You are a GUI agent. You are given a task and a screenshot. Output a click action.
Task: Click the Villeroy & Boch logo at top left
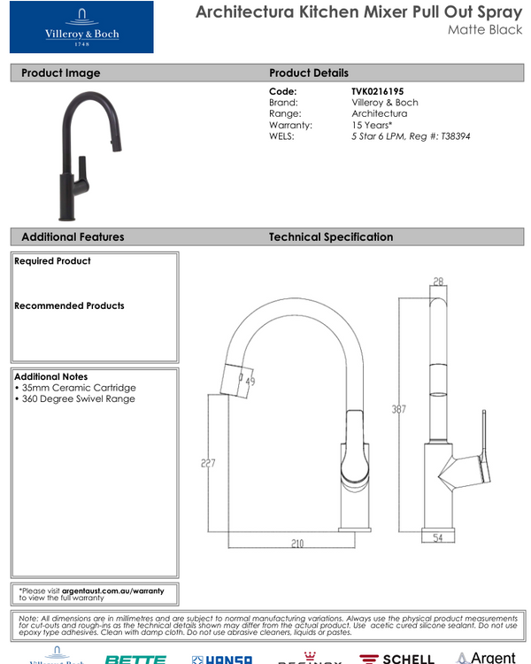click(81, 27)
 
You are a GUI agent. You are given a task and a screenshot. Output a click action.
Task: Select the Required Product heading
click(52, 261)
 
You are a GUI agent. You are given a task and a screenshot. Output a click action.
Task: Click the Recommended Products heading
click(69, 305)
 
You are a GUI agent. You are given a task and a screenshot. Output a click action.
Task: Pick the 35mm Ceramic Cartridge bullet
click(75, 388)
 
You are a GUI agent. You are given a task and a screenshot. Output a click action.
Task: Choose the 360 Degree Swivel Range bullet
click(75, 399)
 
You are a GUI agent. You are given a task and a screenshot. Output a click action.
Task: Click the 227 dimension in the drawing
click(208, 461)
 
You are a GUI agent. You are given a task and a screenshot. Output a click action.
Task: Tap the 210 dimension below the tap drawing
click(296, 543)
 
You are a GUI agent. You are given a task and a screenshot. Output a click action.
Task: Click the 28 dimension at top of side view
click(438, 282)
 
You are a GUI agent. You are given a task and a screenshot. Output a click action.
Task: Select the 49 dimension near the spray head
click(250, 382)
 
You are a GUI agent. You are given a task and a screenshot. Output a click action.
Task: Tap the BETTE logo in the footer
click(135, 659)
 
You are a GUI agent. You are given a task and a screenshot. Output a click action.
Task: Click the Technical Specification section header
click(331, 237)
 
